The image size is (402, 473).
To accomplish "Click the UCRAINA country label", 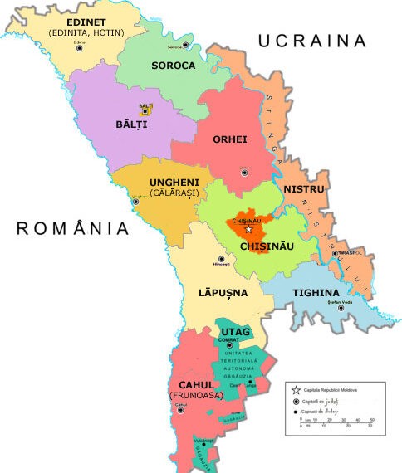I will [311, 41].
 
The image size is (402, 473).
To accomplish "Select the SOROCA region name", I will [173, 65].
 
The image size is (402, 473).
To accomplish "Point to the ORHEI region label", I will [230, 139].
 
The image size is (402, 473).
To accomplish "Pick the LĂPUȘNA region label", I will [223, 293].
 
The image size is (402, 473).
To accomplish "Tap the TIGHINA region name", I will [315, 292].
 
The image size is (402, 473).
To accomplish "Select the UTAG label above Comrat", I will [235, 332].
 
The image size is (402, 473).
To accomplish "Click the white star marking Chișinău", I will [249, 229].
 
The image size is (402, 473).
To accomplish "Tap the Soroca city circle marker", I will [186, 45].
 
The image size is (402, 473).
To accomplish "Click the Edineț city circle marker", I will [80, 48].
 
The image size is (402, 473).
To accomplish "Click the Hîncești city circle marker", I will [221, 259].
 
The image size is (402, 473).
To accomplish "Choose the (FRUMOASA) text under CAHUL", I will [198, 396].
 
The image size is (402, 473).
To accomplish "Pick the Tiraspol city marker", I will [336, 254].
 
